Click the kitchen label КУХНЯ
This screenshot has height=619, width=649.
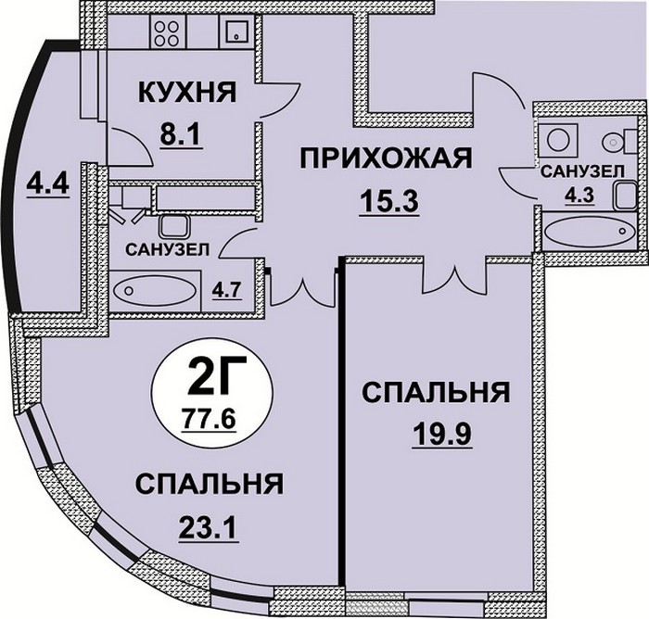[x=187, y=92]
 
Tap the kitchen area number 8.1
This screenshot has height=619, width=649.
[x=181, y=134]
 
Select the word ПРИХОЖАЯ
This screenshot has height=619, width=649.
[x=386, y=158]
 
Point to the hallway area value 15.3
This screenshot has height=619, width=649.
[x=390, y=201]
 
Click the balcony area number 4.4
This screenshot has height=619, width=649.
[x=47, y=185]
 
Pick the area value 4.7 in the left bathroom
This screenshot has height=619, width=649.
[x=226, y=290]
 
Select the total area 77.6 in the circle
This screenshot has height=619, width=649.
[x=209, y=419]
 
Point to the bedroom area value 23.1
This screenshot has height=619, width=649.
[x=209, y=527]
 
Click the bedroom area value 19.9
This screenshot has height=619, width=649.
[x=442, y=435]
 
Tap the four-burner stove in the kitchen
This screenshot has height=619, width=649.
[x=166, y=33]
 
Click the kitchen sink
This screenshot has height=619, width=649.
[x=236, y=31]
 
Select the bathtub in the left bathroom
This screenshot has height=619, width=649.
[x=155, y=291]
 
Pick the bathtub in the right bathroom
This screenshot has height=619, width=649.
[x=590, y=232]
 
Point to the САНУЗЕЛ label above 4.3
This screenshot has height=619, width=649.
[x=582, y=171]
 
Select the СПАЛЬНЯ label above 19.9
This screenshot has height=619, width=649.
[x=436, y=393]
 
